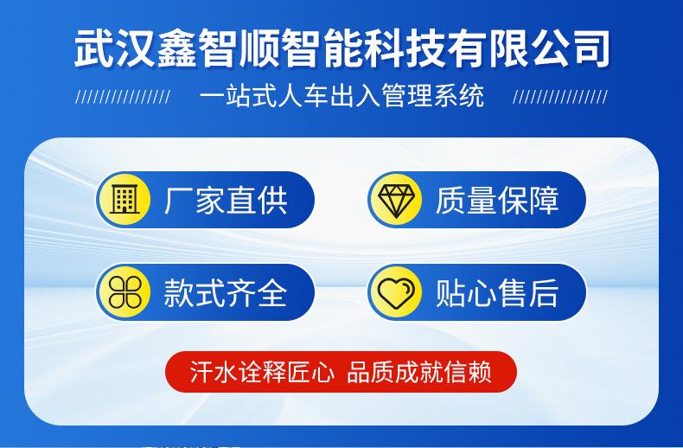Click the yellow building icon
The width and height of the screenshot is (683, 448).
124,200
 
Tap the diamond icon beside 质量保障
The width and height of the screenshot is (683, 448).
396,200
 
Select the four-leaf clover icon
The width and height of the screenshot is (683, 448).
124,292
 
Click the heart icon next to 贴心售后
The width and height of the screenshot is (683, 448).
396,292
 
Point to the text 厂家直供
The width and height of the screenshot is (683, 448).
226,200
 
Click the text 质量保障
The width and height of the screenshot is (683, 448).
497,200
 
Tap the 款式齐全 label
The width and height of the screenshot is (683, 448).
226,292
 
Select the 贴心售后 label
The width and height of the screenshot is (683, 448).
497,292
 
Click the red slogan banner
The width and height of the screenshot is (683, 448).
341,372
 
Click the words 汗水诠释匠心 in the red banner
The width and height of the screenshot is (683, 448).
262,372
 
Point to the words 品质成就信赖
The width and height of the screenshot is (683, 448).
419,372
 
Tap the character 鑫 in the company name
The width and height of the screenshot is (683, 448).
177,48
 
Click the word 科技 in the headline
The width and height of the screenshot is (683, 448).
404,48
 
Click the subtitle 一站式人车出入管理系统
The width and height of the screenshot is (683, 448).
342,96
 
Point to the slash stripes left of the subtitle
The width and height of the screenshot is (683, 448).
124,97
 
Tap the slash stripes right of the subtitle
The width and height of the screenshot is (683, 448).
560,97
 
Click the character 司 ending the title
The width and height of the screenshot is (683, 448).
590,48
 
